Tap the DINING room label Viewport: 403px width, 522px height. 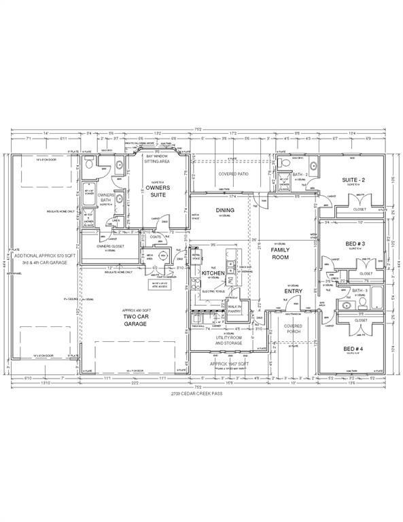[224, 210]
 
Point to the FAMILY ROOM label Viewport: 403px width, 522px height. [280, 254]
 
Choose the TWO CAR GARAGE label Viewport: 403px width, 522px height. [133, 321]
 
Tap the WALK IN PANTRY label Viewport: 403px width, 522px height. [235, 309]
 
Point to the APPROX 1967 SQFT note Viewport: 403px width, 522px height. [230, 364]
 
